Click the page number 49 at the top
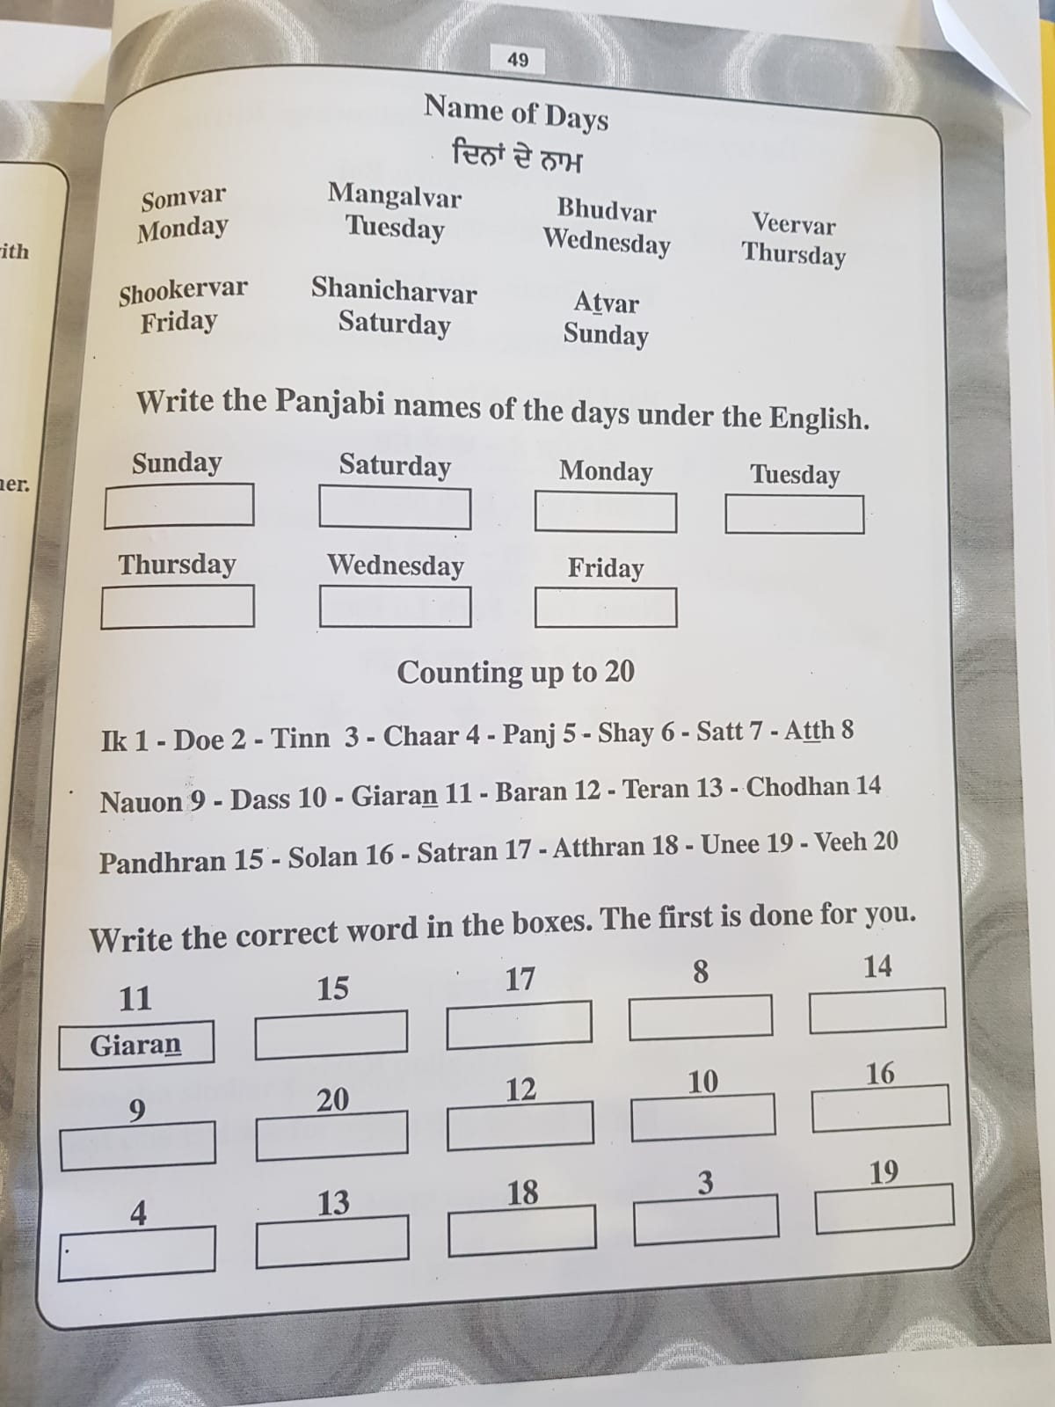(x=518, y=60)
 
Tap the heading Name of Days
(x=516, y=112)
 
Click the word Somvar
(x=183, y=199)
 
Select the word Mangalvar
(x=394, y=194)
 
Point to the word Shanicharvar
(x=393, y=290)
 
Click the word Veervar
(x=793, y=224)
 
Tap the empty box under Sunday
(x=178, y=506)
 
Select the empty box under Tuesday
(x=794, y=514)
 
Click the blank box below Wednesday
(x=395, y=607)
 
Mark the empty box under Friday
(x=605, y=608)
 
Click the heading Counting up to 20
(x=515, y=673)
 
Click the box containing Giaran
(x=135, y=1045)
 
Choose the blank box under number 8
(x=700, y=1017)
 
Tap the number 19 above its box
(x=883, y=1172)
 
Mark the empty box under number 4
(x=136, y=1251)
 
